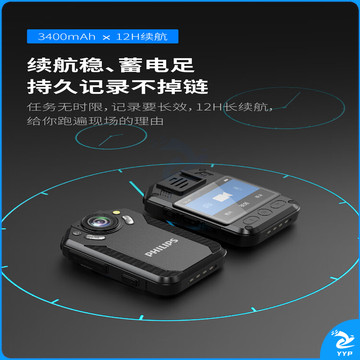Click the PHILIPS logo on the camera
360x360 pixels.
pos(161,247)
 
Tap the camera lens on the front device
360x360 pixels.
pos(100,222)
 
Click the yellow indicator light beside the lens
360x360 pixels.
pos(116,212)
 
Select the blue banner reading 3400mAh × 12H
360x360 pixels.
pos(103,36)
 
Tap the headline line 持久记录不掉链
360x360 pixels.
pos(118,86)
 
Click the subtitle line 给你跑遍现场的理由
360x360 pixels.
pos(95,121)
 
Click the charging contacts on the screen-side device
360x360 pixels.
pos(277,227)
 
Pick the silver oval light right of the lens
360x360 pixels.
pos(128,219)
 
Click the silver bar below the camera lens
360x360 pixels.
pos(95,237)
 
